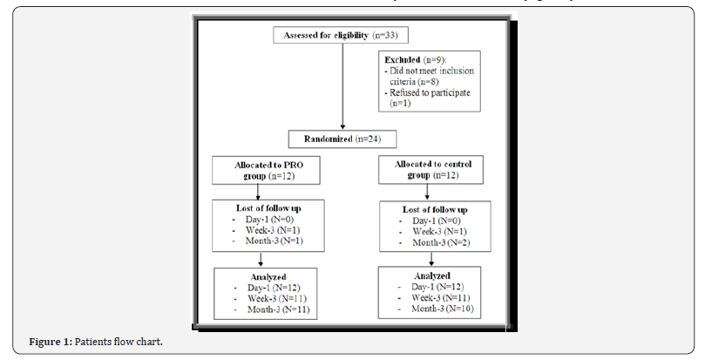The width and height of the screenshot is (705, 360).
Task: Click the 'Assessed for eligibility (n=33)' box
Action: pyautogui.click(x=341, y=36)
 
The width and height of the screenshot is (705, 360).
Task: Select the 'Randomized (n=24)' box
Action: pyautogui.click(x=342, y=138)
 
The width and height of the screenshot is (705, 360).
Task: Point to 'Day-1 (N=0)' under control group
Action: pyautogui.click(x=435, y=221)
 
